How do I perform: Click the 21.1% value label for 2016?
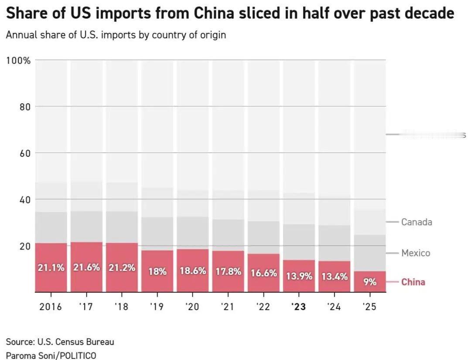click(x=51, y=268)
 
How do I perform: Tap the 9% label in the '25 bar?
click(x=370, y=282)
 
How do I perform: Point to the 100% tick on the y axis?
click(x=18, y=60)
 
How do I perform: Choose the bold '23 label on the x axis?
click(x=299, y=307)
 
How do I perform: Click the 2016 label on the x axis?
click(x=51, y=307)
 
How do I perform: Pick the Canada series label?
click(x=416, y=222)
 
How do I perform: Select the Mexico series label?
click(x=416, y=253)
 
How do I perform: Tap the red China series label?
click(x=413, y=282)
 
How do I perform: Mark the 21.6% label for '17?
click(x=86, y=267)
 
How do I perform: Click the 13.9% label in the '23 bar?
click(x=299, y=276)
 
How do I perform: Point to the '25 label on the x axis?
click(x=369, y=307)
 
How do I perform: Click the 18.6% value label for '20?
click(x=193, y=271)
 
